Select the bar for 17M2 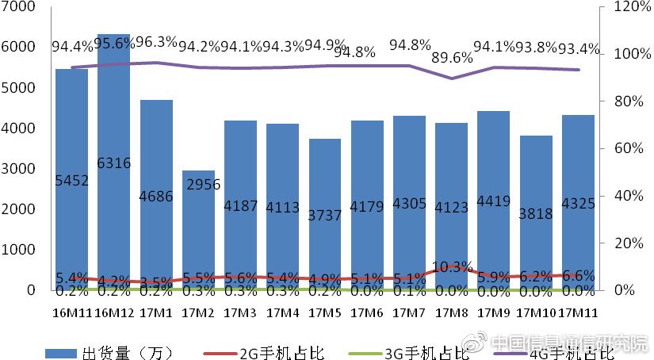point(198,230)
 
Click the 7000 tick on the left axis point(21,7)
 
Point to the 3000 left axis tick point(21,169)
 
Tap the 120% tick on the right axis point(629,7)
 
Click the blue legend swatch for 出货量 point(58,350)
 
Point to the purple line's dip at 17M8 point(451,79)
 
